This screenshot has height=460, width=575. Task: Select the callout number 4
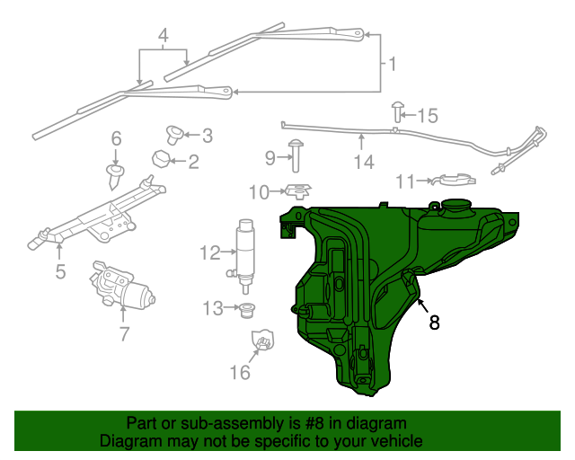(x=163, y=37)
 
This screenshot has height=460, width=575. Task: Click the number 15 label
(x=427, y=115)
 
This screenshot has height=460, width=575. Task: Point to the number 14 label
(x=362, y=162)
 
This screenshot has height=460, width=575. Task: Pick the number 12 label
(x=209, y=252)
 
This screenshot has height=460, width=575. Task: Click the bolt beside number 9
(x=295, y=155)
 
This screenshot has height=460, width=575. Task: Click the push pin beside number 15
(x=396, y=111)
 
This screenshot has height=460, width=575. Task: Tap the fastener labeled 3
(x=173, y=135)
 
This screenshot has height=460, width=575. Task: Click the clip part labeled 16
(x=262, y=342)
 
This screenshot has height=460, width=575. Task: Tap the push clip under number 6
(x=115, y=173)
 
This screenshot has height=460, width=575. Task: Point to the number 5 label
(x=60, y=270)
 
